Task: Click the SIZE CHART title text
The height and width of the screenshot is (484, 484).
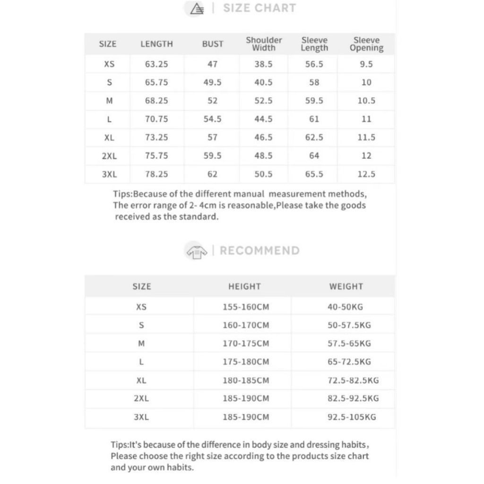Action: tap(259, 8)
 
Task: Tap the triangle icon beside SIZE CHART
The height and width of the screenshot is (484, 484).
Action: tap(197, 9)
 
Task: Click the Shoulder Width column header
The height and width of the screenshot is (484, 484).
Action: tap(264, 43)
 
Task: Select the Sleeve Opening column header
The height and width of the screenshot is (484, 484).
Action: tap(366, 43)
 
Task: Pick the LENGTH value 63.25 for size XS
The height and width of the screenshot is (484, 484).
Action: tap(156, 64)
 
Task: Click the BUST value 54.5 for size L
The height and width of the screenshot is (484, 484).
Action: tap(213, 119)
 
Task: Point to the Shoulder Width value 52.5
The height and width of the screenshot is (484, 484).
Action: tap(263, 101)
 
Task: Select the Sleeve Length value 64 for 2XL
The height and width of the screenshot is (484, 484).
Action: tap(314, 156)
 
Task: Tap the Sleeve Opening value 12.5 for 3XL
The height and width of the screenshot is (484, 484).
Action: tap(366, 174)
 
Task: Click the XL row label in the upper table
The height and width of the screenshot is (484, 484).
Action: tap(109, 138)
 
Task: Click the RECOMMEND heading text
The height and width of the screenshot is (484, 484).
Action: tap(259, 251)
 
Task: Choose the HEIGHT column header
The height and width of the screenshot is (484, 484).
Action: tap(244, 286)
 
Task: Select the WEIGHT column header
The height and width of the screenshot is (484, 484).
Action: tap(346, 286)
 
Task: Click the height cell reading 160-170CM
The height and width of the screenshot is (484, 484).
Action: tap(246, 325)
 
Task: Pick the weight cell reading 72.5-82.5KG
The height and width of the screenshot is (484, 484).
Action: tap(353, 380)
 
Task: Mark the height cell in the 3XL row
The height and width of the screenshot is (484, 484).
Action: tap(246, 417)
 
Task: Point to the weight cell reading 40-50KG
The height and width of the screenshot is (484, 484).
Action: tap(345, 307)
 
